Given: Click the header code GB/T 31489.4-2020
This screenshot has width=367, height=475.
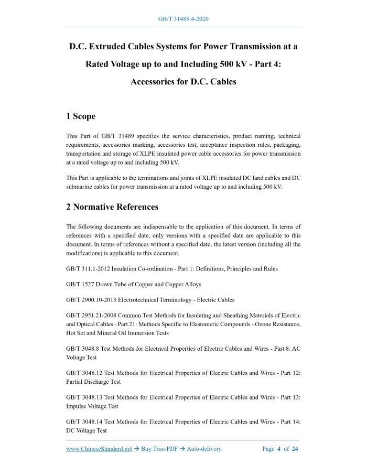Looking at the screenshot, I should tap(183, 19).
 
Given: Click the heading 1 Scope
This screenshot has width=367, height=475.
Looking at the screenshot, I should tap(81, 116).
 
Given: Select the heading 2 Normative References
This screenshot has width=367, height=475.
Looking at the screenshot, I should tap(112, 207).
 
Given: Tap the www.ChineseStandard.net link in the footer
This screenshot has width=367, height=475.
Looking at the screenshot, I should tap(99, 449).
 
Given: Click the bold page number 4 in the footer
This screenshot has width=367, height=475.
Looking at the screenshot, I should tap(279, 449).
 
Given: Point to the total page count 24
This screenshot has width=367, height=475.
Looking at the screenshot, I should tap(295, 449).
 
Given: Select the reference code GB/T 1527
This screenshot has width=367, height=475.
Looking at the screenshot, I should tap(80, 284).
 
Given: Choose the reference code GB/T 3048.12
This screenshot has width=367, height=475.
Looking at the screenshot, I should tap(84, 373).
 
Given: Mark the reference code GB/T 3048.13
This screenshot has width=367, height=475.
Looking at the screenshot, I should tap(84, 397).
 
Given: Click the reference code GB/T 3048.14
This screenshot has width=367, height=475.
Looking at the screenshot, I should tap(84, 422).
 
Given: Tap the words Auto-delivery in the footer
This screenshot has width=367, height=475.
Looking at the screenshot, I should tap(202, 449).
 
